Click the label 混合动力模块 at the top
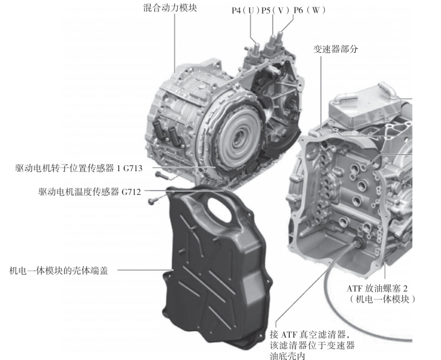[x=170, y=8]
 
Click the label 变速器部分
[x=336, y=49]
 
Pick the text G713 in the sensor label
[x=132, y=168]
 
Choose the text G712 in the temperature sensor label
[x=131, y=192]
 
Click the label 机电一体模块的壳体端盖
[x=59, y=270]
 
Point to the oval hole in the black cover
[x=220, y=209]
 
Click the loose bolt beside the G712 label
[x=153, y=200]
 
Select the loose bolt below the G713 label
[x=162, y=175]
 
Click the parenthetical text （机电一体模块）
[x=382, y=299]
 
